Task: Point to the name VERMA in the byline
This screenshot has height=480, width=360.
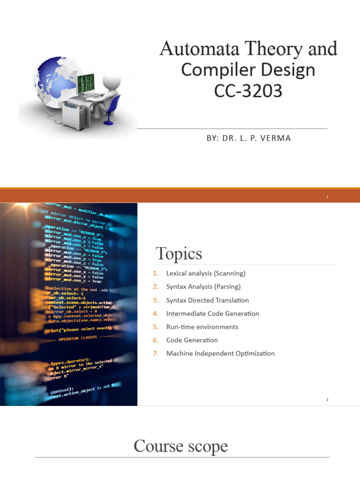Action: pyautogui.click(x=274, y=138)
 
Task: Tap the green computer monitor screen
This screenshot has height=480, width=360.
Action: pyautogui.click(x=85, y=83)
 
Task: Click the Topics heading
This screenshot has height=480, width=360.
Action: pyautogui.click(x=179, y=254)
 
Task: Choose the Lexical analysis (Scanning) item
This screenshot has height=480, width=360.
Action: pyautogui.click(x=206, y=273)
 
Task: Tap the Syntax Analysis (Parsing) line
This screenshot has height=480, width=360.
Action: pyautogui.click(x=203, y=286)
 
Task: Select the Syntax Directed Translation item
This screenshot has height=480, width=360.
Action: pyautogui.click(x=207, y=300)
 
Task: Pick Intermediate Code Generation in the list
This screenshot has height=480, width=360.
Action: pyautogui.click(x=212, y=314)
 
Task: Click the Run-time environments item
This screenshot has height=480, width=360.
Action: pyautogui.click(x=202, y=327)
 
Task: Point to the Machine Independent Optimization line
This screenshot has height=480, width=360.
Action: pyautogui.click(x=220, y=353)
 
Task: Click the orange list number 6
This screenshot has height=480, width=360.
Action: pyautogui.click(x=156, y=340)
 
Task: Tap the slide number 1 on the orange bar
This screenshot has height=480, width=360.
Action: pyautogui.click(x=327, y=197)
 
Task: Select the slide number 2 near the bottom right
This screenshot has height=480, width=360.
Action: pyautogui.click(x=327, y=399)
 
